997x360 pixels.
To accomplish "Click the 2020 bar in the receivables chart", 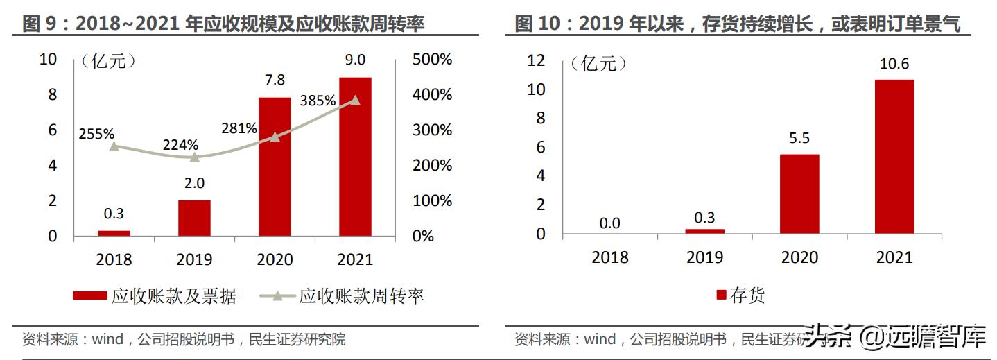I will click(275, 166).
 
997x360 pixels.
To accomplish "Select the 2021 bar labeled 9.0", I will click(355, 157).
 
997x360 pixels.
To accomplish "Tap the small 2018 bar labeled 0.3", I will click(114, 233).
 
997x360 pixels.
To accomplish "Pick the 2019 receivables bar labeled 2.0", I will click(194, 218).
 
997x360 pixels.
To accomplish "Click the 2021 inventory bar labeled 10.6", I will click(894, 157).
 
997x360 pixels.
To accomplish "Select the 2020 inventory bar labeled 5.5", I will click(799, 194).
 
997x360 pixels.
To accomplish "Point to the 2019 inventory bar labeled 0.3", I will click(704, 231).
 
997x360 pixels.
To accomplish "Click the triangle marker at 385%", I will click(356, 100).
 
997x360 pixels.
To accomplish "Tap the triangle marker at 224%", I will click(195, 157).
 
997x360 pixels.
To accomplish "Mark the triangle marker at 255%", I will click(114, 146).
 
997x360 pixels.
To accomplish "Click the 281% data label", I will click(239, 128).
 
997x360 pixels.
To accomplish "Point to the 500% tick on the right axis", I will click(432, 60).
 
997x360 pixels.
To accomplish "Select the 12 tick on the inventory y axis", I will click(536, 60).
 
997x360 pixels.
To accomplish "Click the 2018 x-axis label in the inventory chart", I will click(609, 257).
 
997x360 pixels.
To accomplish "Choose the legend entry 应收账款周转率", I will click(361, 297).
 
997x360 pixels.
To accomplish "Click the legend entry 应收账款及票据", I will click(173, 297).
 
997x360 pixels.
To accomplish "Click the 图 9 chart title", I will click(223, 24).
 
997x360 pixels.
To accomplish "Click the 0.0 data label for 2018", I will click(609, 223).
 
